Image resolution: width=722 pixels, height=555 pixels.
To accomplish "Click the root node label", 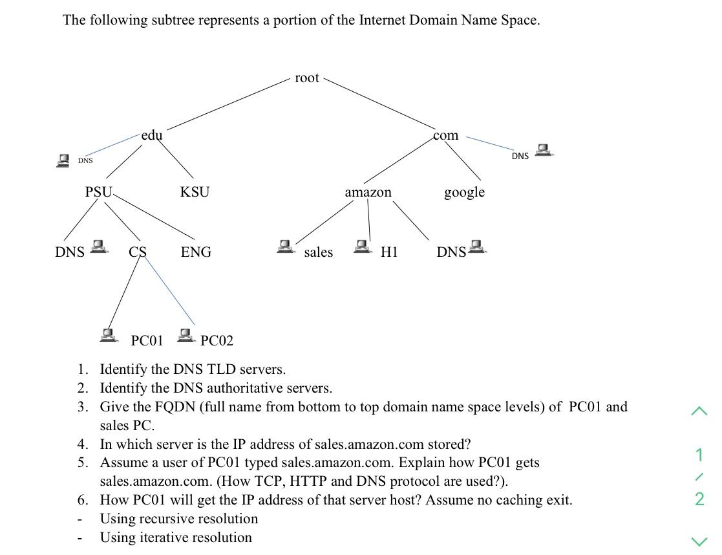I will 306,78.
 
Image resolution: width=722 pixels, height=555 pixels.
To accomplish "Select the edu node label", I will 152,135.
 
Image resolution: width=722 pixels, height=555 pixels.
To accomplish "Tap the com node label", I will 445,135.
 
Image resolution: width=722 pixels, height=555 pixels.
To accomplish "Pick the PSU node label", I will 98,192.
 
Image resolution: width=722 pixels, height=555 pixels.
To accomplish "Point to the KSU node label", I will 195,192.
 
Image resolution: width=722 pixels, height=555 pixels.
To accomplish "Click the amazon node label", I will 368,192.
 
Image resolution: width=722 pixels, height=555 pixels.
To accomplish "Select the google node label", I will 464,192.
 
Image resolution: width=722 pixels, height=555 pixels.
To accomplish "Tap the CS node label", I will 137,252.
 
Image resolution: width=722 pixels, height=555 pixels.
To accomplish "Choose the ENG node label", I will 196,252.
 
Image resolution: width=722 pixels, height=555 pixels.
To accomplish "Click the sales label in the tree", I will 319,252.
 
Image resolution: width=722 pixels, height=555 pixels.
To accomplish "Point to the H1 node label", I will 389,252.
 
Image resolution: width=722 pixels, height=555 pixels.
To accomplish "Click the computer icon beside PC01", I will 109,334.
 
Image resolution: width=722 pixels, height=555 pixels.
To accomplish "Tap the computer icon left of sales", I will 284,246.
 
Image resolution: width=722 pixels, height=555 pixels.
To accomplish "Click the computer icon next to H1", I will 362,246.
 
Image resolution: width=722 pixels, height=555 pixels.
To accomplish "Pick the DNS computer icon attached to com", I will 544,150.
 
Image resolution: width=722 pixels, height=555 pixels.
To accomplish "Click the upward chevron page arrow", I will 699,411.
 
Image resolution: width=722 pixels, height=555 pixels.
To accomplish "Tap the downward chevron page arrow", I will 699,541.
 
